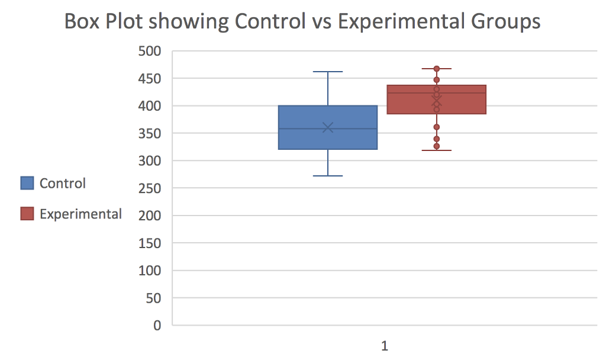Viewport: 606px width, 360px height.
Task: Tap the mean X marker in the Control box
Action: click(x=328, y=127)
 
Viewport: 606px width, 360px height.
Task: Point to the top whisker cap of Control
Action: click(x=328, y=72)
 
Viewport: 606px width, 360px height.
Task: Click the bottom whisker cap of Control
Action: click(x=328, y=176)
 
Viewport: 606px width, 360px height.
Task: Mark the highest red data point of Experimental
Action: click(x=437, y=69)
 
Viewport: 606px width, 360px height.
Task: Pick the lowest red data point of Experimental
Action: click(x=437, y=146)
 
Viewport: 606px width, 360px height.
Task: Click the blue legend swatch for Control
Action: click(x=27, y=183)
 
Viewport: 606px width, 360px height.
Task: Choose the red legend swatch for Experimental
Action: click(x=27, y=213)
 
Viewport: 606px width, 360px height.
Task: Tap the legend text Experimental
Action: click(x=80, y=214)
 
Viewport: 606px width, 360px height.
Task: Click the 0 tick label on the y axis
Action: click(x=157, y=326)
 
